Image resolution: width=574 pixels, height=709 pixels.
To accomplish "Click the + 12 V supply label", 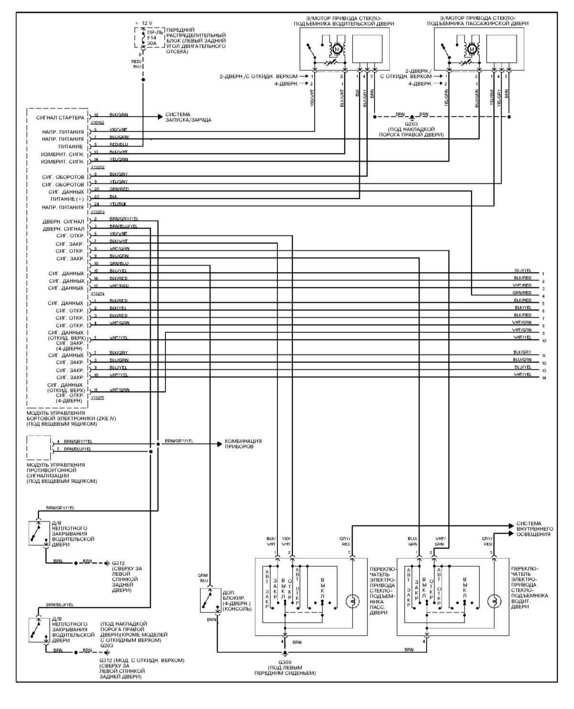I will pos(144,23).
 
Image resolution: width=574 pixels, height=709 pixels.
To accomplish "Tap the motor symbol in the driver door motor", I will pos(337,49).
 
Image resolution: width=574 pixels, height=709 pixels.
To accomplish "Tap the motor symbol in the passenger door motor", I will pos(472,49).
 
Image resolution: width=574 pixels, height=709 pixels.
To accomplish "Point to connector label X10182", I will pos(97,122).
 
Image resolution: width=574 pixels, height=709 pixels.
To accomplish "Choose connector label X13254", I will pos(97,294).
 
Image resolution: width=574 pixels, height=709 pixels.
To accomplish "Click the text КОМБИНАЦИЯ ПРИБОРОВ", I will pos(243,443).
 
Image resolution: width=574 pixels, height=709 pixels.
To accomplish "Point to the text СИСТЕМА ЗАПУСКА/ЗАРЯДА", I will pos(188,117).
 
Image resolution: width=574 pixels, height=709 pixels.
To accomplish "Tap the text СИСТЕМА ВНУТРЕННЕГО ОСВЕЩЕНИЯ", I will pos(535,529).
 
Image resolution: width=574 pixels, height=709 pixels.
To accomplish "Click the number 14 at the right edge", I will pos(544,378).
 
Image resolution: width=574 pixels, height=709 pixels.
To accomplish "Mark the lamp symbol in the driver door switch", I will pos(494,601).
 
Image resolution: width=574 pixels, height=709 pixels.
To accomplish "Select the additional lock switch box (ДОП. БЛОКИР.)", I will pos(209,600).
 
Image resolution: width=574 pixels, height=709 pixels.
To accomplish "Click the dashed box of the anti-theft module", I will pos(39,447).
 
